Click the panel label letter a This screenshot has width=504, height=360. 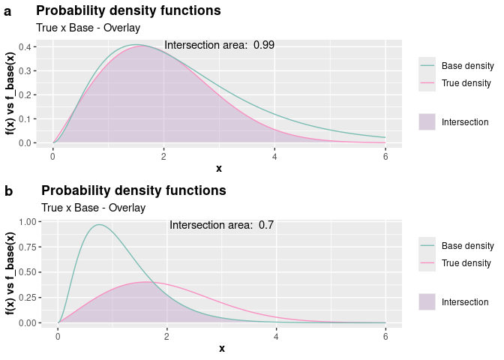click(x=7, y=11)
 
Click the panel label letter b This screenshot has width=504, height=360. click(x=8, y=191)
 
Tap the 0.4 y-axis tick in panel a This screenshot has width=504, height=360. click(x=25, y=46)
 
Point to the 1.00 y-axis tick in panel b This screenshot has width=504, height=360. click(x=25, y=221)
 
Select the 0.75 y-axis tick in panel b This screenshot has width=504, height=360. click(x=25, y=247)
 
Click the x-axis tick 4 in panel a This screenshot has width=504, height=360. click(x=274, y=155)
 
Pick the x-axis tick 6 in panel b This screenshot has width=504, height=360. click(x=385, y=335)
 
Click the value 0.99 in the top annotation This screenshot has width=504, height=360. click(x=264, y=45)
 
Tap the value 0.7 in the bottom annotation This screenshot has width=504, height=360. click(x=266, y=225)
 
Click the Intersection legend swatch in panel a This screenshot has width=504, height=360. click(x=427, y=121)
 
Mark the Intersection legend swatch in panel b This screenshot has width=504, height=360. click(x=427, y=301)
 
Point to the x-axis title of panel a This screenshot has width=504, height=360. click(x=219, y=168)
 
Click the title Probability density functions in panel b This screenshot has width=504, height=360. click(x=133, y=190)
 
